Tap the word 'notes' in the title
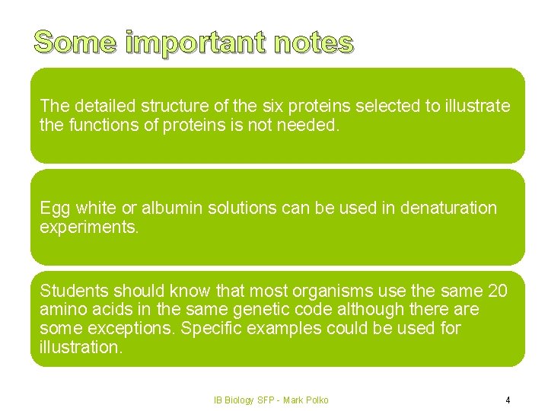312,43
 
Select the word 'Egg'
55,208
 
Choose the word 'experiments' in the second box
89,227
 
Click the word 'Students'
72,291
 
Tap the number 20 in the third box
496,291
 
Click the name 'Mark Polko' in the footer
305,400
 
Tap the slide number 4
508,400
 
